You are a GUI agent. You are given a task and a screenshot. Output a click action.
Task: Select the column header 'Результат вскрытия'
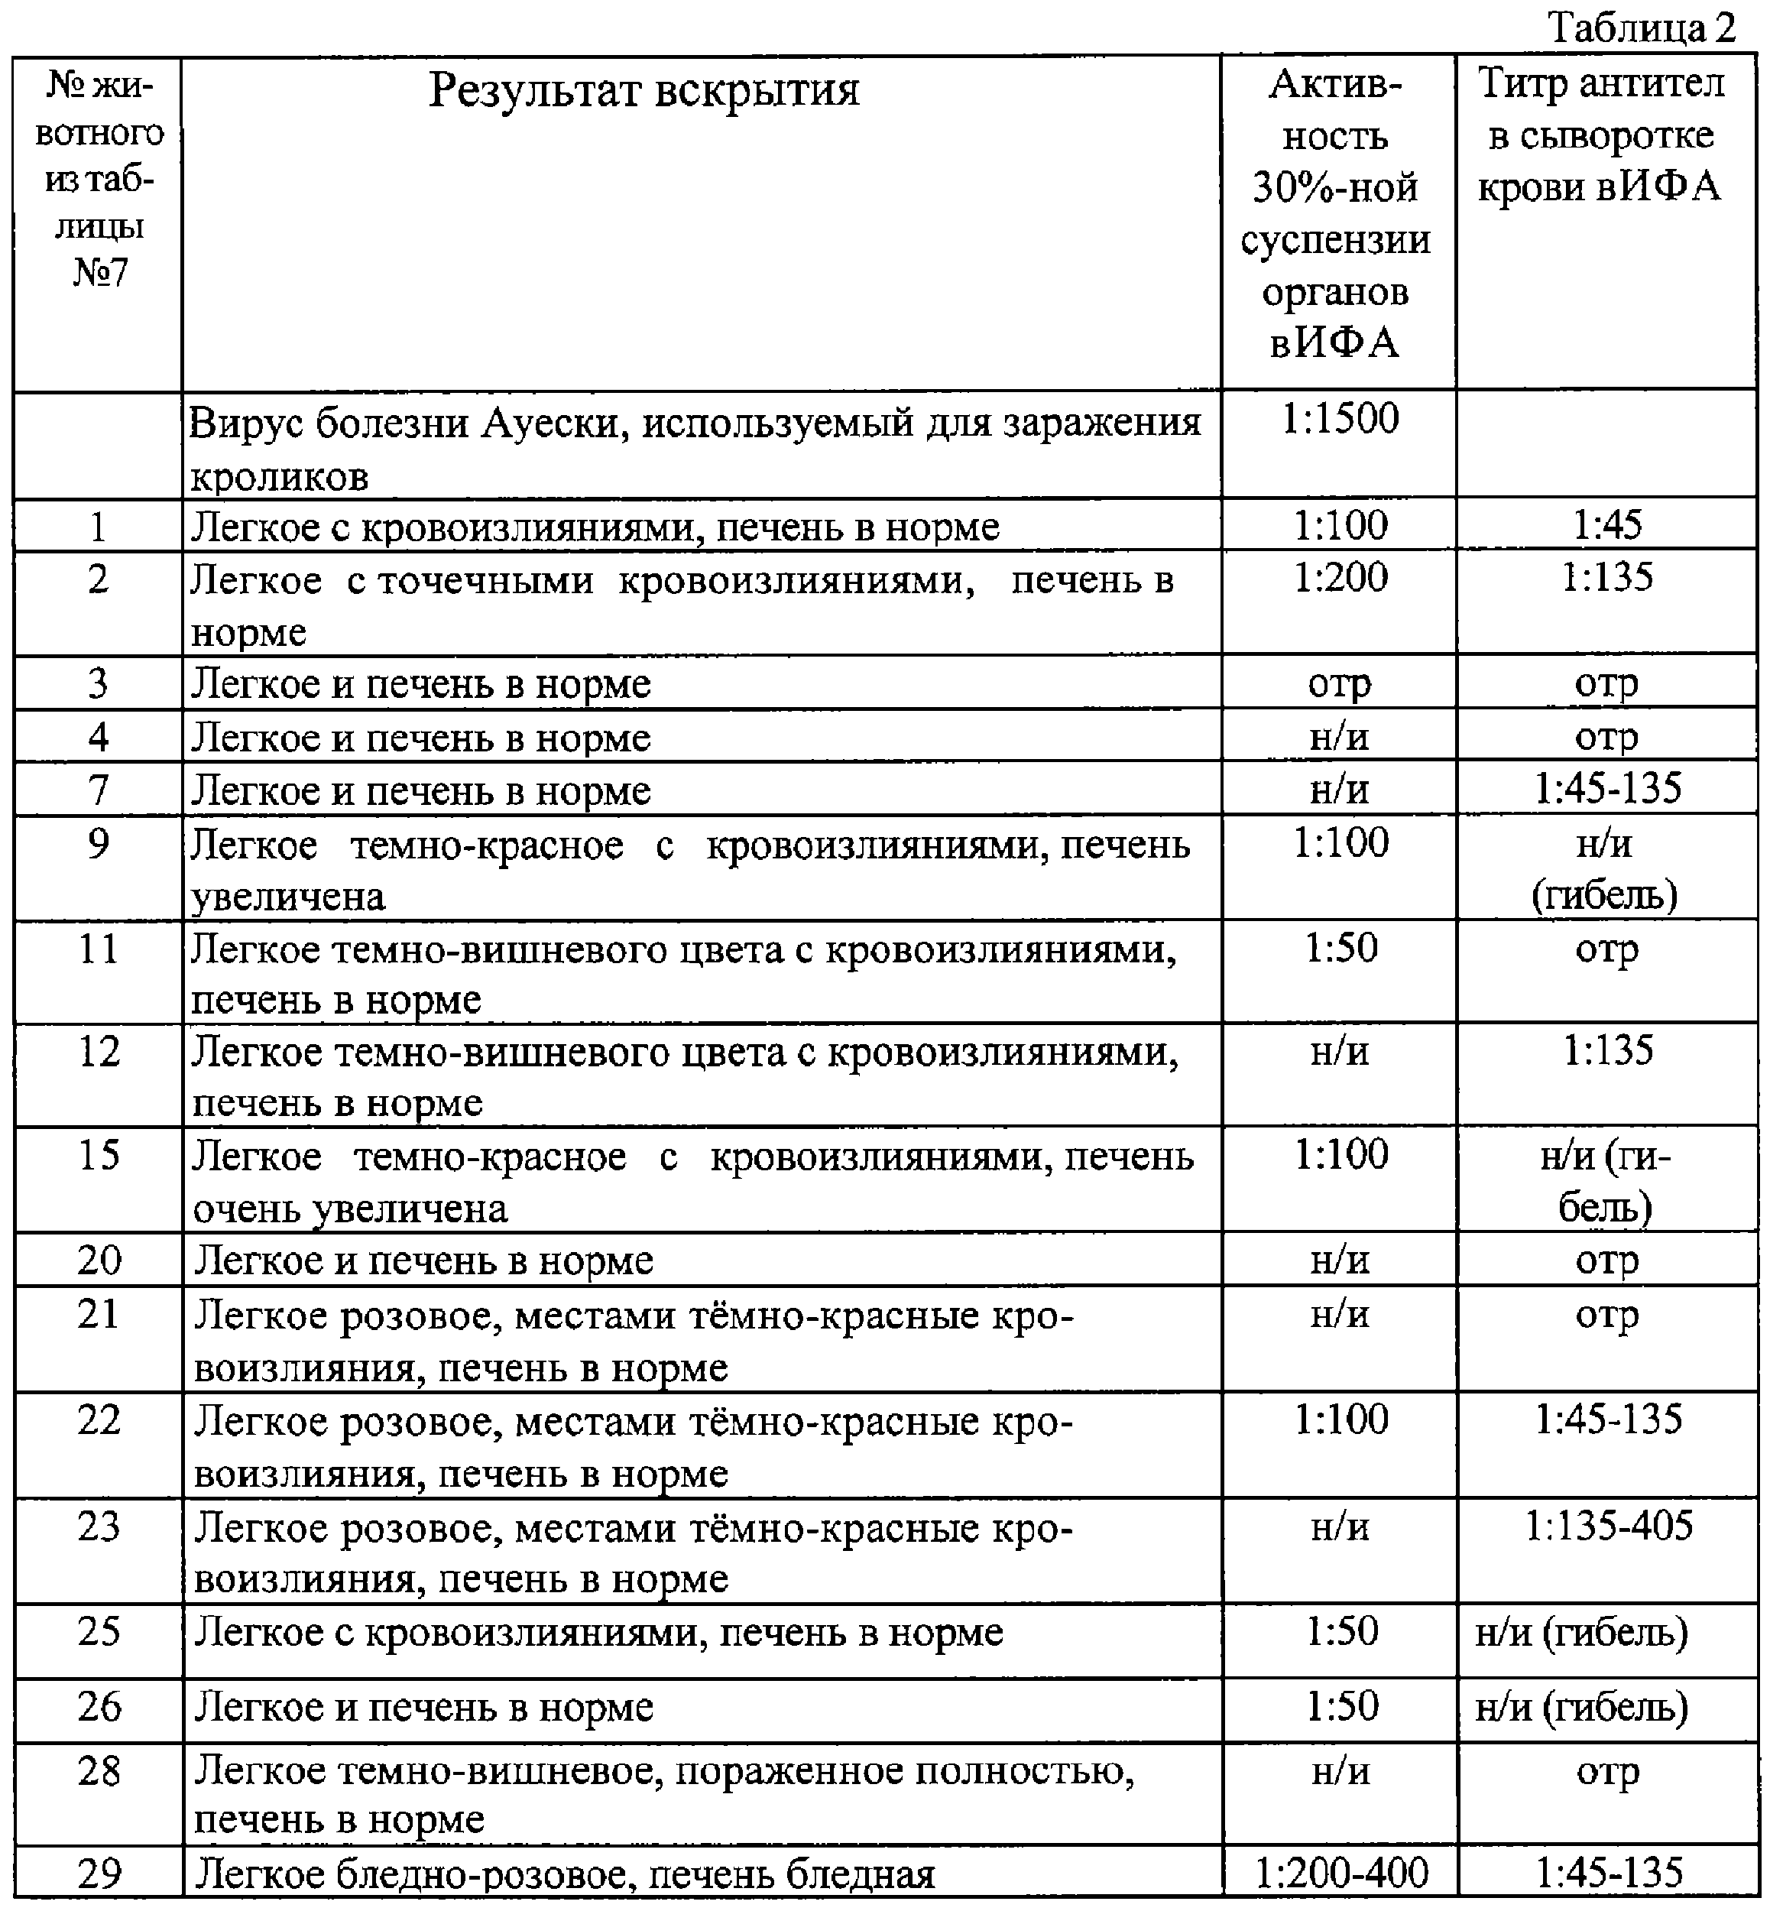pos(643,91)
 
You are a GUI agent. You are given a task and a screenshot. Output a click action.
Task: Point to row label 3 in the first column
pos(98,683)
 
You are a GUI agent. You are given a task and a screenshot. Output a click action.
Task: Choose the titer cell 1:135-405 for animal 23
pos(1608,1526)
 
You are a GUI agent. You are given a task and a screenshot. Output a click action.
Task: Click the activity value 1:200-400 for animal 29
pos(1341,1870)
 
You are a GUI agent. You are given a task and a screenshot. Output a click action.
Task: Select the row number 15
pos(98,1154)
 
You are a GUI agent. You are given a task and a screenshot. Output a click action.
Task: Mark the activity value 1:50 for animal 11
pos(1341,947)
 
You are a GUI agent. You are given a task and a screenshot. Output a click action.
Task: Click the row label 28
pos(99,1771)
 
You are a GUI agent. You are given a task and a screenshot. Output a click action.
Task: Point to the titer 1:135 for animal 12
pos(1608,1050)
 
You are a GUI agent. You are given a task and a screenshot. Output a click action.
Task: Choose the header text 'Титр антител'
pos(1601,84)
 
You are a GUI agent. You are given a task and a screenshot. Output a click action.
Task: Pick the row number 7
pos(98,790)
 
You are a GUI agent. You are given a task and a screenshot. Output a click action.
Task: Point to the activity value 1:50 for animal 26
pos(1342,1706)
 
